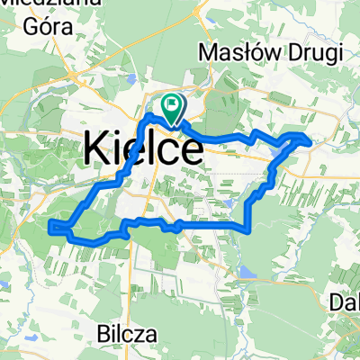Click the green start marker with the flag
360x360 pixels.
pos(172,107)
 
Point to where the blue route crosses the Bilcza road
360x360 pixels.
pos(132,221)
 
